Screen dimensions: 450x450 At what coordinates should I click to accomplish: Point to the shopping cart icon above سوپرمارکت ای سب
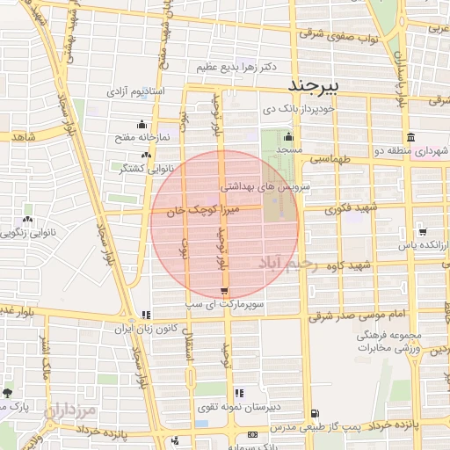click(x=225, y=291)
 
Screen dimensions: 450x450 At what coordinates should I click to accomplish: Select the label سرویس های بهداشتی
click(x=263, y=187)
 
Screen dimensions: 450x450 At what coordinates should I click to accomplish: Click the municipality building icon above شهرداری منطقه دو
click(x=410, y=137)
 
